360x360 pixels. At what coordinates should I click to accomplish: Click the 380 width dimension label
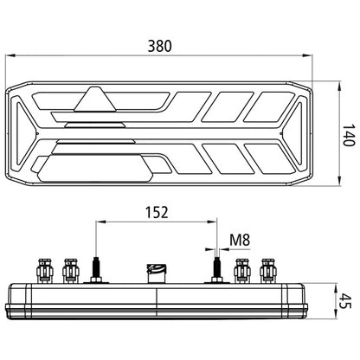(159, 46)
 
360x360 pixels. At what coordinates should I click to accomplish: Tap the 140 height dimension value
(349, 135)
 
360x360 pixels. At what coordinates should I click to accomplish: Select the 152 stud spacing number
(157, 212)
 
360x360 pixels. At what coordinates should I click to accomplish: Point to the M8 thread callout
(240, 240)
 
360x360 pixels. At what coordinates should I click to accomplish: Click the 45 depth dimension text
(344, 301)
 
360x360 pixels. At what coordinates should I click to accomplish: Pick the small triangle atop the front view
(95, 99)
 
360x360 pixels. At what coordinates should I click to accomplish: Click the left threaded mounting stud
(96, 267)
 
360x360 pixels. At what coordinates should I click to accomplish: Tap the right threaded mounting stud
(216, 267)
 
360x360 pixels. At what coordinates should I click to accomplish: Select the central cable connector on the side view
(157, 273)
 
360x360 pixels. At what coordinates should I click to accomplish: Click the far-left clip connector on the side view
(45, 271)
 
